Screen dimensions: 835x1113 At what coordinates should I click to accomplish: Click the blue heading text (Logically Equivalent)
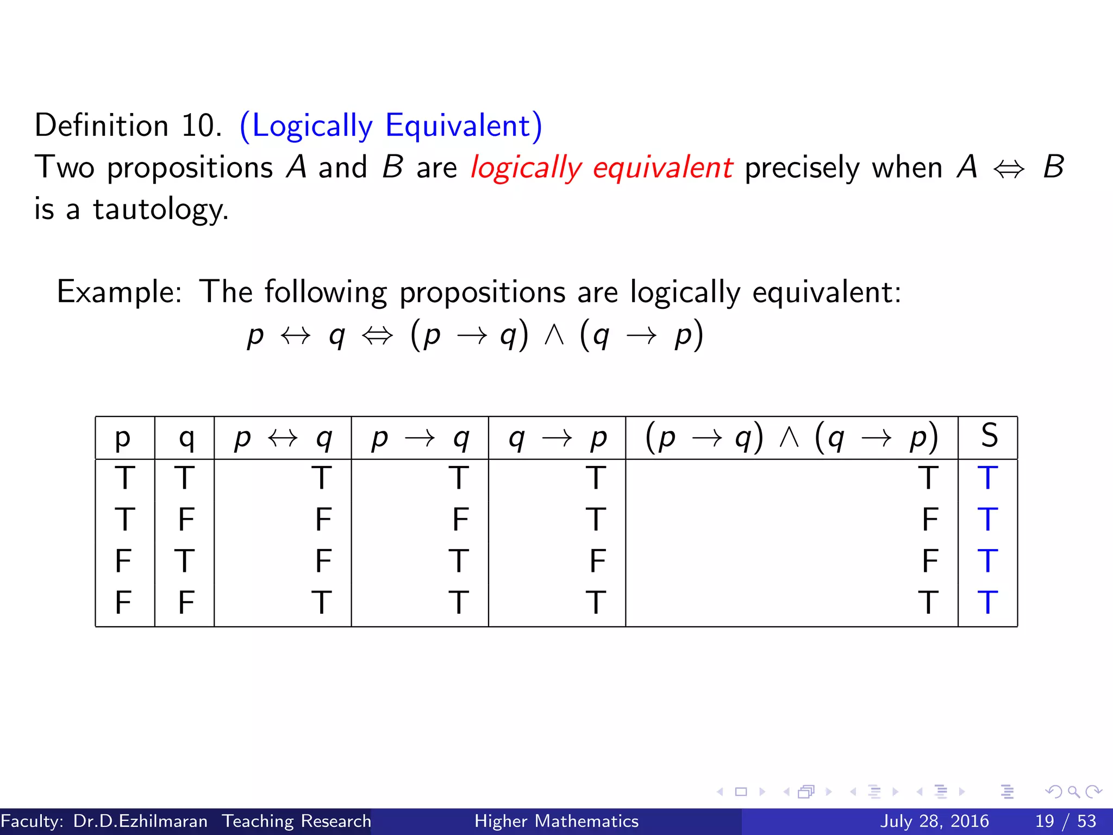click(x=391, y=126)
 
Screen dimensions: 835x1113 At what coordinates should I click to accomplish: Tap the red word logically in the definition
click(x=526, y=167)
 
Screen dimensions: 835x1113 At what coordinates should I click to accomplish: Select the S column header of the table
click(x=989, y=436)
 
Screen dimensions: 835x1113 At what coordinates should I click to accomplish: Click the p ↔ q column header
click(x=283, y=438)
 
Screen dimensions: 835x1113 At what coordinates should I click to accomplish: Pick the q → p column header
click(x=557, y=438)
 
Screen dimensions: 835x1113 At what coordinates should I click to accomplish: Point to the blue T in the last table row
click(x=987, y=603)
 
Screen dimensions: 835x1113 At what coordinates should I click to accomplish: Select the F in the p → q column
click(x=460, y=520)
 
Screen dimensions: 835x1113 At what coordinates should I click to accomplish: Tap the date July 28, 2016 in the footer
click(x=934, y=821)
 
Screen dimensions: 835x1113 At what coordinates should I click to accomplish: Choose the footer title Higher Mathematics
click(x=556, y=821)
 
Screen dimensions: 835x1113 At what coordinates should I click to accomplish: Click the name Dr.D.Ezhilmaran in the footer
click(x=140, y=821)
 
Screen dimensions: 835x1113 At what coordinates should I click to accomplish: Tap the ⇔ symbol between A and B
click(x=1009, y=169)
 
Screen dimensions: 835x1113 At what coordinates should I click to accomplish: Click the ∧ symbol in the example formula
click(x=554, y=335)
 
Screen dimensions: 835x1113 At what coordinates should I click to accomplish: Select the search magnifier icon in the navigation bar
click(x=1073, y=792)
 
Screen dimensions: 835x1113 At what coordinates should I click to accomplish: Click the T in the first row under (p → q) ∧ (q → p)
click(x=928, y=478)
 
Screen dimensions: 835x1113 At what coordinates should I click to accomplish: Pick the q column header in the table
click(x=186, y=438)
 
